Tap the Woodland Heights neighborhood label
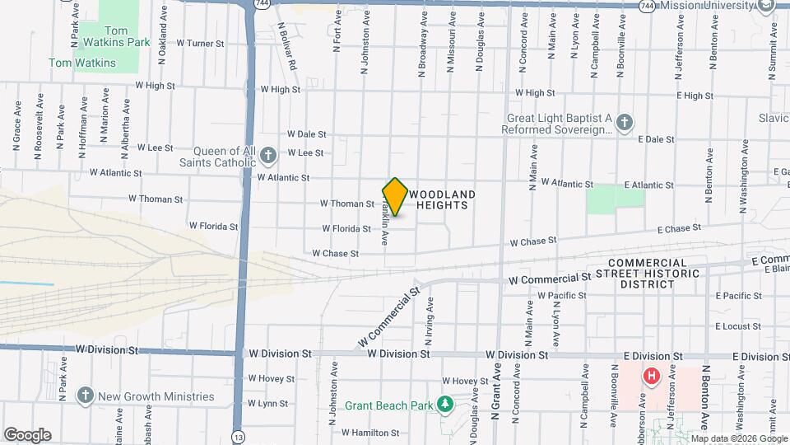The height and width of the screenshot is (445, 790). [442, 199]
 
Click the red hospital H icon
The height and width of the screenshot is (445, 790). [652, 377]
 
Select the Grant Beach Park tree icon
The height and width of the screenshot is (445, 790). [445, 405]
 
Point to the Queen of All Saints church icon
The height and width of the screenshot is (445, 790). [267, 155]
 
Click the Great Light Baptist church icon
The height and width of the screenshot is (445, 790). [624, 124]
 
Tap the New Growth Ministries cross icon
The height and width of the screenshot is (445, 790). [85, 396]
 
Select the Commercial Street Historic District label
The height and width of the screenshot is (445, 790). [647, 273]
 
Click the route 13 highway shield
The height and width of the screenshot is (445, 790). [238, 435]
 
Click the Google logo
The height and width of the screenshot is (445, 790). [27, 435]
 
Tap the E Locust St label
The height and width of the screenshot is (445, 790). [738, 326]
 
